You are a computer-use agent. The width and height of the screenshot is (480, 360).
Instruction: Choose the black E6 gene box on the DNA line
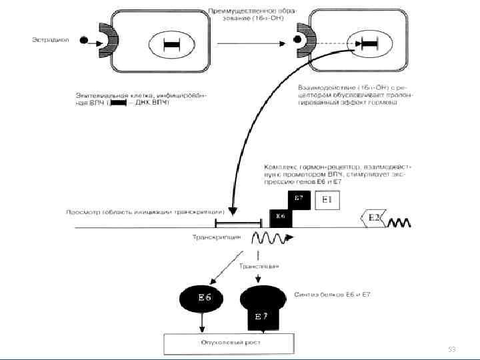[x=280, y=217]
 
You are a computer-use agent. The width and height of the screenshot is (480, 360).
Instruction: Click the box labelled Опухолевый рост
[x=229, y=343]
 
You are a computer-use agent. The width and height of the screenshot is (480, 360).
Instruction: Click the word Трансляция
[x=260, y=266]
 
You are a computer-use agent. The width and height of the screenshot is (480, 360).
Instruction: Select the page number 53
[x=451, y=349]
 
